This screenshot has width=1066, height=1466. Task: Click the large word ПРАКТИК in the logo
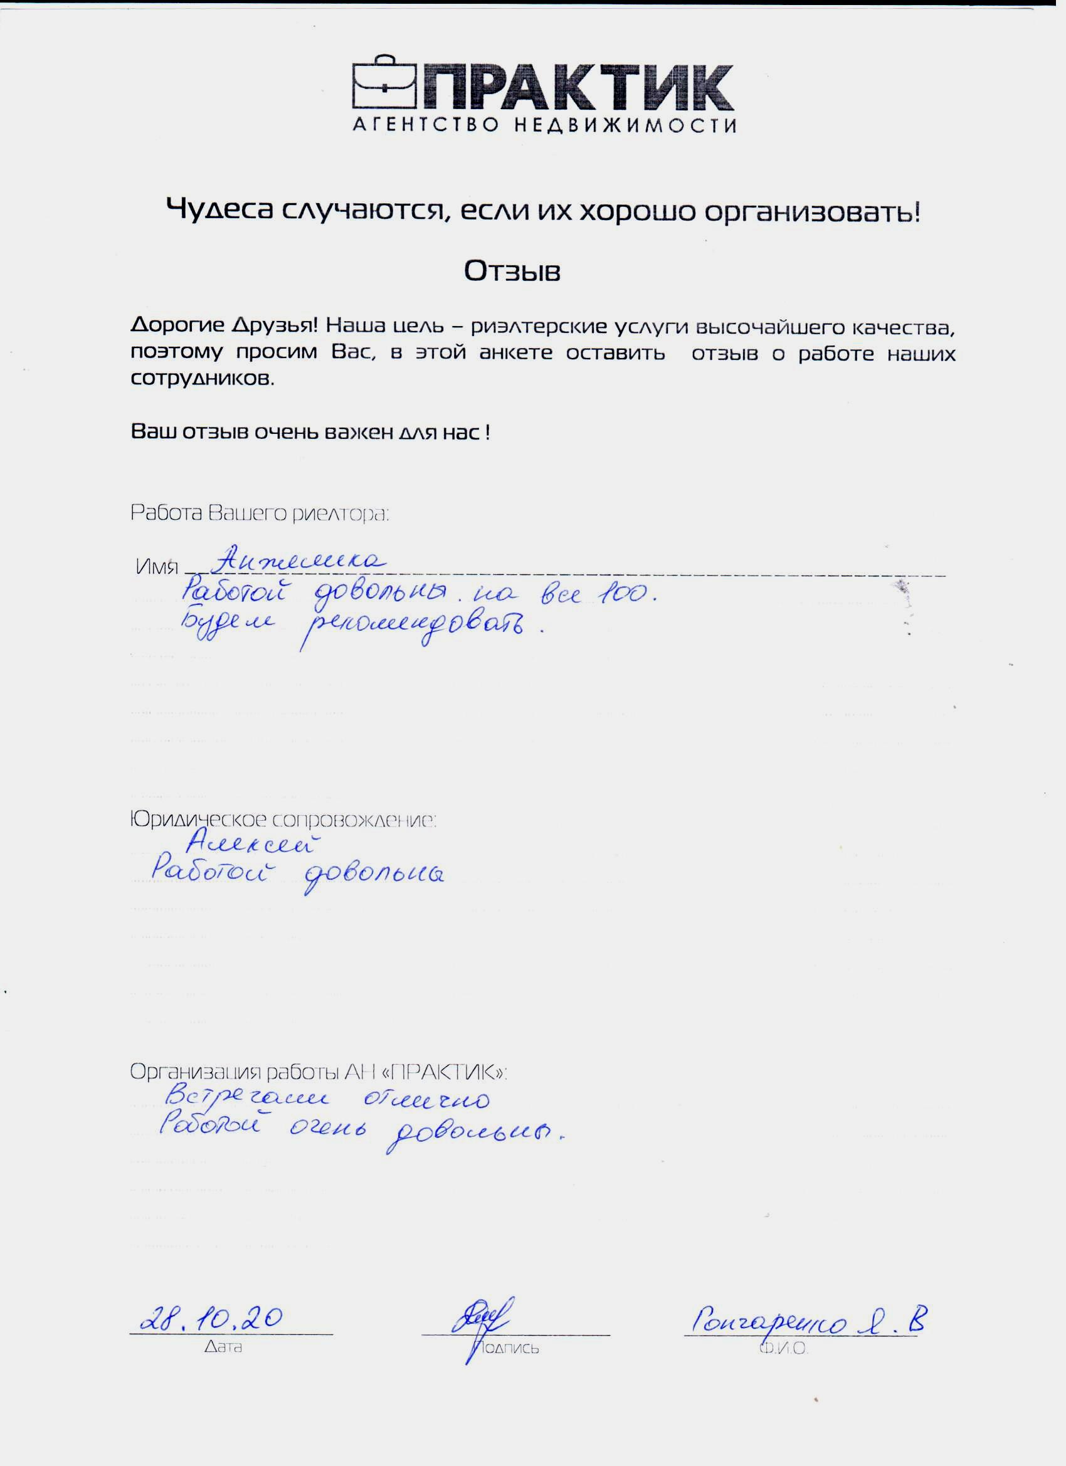point(579,88)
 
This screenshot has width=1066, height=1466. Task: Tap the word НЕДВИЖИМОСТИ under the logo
point(625,125)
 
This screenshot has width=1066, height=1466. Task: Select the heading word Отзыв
point(512,272)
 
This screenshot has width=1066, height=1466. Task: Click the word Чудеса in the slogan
point(219,211)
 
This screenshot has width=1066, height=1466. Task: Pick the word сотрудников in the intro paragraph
point(203,378)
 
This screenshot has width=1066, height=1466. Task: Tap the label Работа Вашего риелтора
point(259,514)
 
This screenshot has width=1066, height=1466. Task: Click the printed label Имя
point(156,567)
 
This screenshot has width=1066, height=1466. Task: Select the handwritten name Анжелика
point(299,559)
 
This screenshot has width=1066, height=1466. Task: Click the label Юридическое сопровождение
point(283,820)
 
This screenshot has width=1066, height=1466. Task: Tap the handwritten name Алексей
point(253,843)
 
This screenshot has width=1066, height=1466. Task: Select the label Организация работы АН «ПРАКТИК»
point(318,1072)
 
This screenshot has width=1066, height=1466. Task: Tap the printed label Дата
point(223,1346)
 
